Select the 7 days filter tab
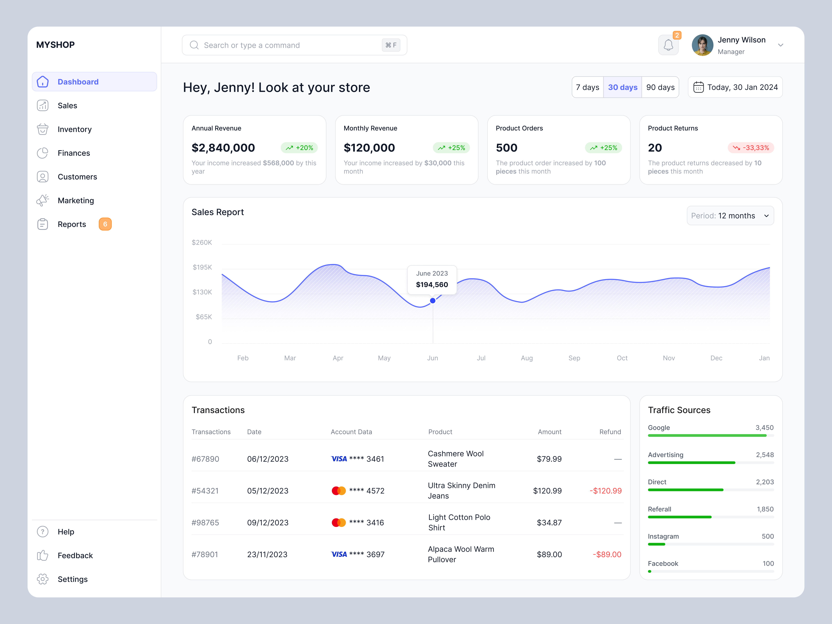[x=588, y=87]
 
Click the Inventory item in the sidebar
[x=75, y=129]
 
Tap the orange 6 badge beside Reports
[x=105, y=224]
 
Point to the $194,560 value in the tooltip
[x=432, y=285]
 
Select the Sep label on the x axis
[x=574, y=358]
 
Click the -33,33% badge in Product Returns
[x=751, y=148]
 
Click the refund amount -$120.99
[x=606, y=491]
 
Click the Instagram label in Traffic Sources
[x=663, y=536]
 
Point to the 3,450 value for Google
[x=764, y=428]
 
